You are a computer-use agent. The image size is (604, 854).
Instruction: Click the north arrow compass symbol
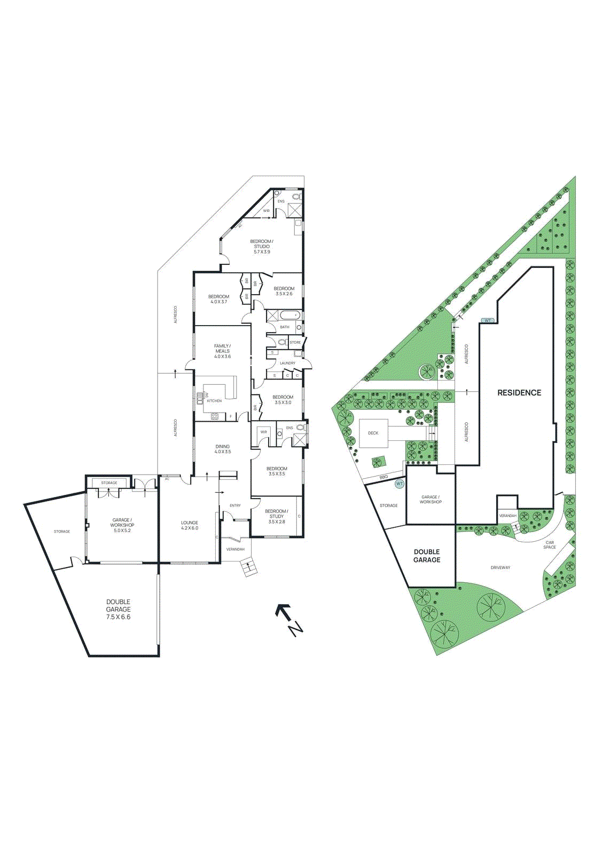(x=289, y=619)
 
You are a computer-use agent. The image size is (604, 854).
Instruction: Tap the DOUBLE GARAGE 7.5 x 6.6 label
(x=118, y=609)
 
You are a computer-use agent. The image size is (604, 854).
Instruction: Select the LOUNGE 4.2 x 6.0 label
(x=190, y=525)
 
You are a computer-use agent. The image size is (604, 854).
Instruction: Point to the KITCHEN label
(x=214, y=401)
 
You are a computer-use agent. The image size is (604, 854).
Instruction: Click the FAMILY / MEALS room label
(x=222, y=351)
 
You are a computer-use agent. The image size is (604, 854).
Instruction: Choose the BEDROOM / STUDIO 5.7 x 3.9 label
(x=262, y=247)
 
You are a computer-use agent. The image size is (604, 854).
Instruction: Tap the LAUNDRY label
(x=287, y=363)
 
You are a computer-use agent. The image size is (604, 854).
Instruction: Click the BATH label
(x=285, y=327)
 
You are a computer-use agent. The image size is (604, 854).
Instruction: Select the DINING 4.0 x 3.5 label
(x=223, y=449)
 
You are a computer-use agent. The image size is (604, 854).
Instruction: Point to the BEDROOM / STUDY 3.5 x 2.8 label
(x=277, y=516)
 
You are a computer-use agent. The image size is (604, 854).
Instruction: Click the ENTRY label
(x=235, y=505)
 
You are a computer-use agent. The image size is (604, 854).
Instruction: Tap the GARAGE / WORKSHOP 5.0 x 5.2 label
(x=122, y=525)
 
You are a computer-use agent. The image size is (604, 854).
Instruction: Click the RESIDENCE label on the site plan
(x=519, y=393)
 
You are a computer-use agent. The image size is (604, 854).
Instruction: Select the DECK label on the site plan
(x=373, y=433)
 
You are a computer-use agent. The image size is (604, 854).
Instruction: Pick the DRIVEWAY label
(x=500, y=567)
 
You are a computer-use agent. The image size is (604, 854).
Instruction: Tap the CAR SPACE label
(x=550, y=545)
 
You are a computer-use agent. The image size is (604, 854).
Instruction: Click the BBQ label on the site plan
(x=383, y=477)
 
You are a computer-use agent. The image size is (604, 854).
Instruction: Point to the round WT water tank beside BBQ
(x=399, y=484)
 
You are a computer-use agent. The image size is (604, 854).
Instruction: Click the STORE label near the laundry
(x=295, y=342)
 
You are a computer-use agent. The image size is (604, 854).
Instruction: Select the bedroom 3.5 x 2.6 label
(x=284, y=291)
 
